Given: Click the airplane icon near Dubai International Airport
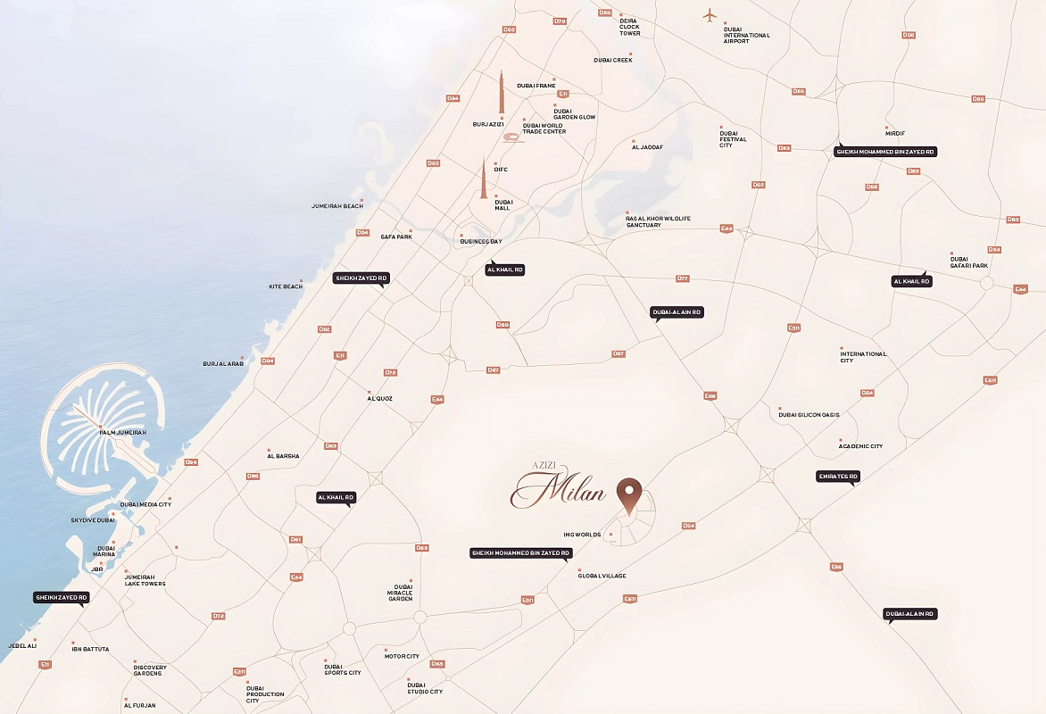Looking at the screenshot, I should [x=710, y=14].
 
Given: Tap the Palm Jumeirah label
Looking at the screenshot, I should [x=122, y=432].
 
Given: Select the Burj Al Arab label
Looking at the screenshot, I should [x=223, y=363].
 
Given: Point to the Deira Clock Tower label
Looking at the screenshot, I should [x=629, y=27].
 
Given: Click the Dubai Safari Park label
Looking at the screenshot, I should [x=969, y=262].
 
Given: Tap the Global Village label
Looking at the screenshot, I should [x=602, y=576].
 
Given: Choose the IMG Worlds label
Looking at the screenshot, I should [x=581, y=535].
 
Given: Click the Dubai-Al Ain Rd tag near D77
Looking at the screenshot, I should [x=677, y=312].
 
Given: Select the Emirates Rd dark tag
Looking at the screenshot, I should [x=838, y=477].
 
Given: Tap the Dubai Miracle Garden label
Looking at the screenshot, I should [x=400, y=593].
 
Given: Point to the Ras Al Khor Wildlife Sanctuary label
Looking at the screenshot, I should [x=658, y=221].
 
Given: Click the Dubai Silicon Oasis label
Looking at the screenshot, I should [x=809, y=414].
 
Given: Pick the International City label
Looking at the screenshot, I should [x=863, y=357].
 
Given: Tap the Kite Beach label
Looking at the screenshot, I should [x=286, y=286].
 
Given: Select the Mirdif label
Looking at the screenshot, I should [x=895, y=133].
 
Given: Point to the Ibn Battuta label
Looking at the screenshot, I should [x=90, y=649].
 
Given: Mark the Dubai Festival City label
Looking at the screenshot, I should [x=733, y=138].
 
